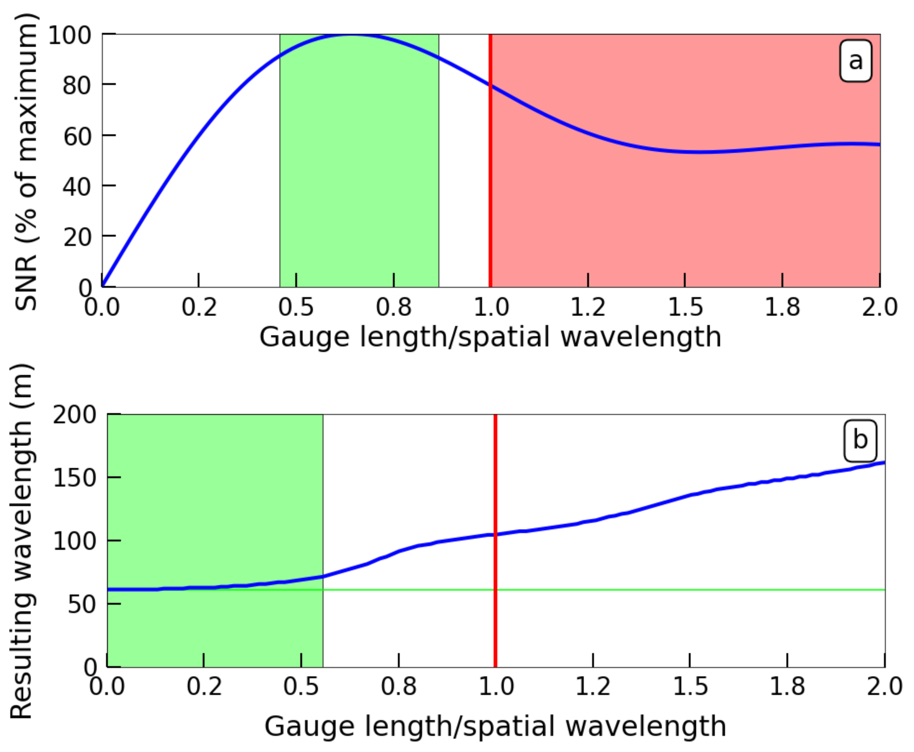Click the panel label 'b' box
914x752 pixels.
click(x=860, y=441)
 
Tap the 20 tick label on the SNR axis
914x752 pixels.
click(x=77, y=237)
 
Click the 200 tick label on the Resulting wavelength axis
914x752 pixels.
click(x=74, y=415)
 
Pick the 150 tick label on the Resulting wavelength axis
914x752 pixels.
click(x=74, y=478)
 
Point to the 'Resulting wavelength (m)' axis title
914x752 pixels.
click(x=21, y=542)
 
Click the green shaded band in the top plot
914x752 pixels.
click(x=359, y=173)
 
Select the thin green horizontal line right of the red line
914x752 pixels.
click(x=693, y=590)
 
